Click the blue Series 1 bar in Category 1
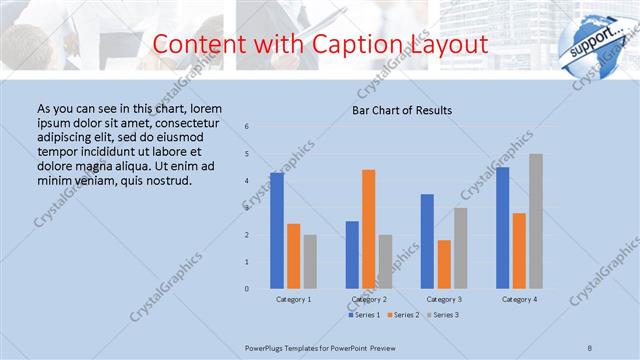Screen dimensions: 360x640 pos(277,230)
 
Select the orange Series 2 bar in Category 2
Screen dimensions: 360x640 pos(369,229)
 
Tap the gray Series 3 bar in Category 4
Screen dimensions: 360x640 pos(536,221)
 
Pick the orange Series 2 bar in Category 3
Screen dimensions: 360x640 pos(444,264)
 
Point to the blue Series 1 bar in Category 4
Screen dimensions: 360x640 pos(502,228)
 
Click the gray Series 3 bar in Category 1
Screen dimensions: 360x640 pos(310,262)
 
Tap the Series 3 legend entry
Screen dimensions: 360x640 pos(443,315)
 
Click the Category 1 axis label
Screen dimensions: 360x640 pos(293,299)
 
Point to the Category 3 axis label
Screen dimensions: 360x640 pos(444,299)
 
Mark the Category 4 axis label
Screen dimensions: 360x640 pos(519,299)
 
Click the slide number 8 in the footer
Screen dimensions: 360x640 pos(590,346)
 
